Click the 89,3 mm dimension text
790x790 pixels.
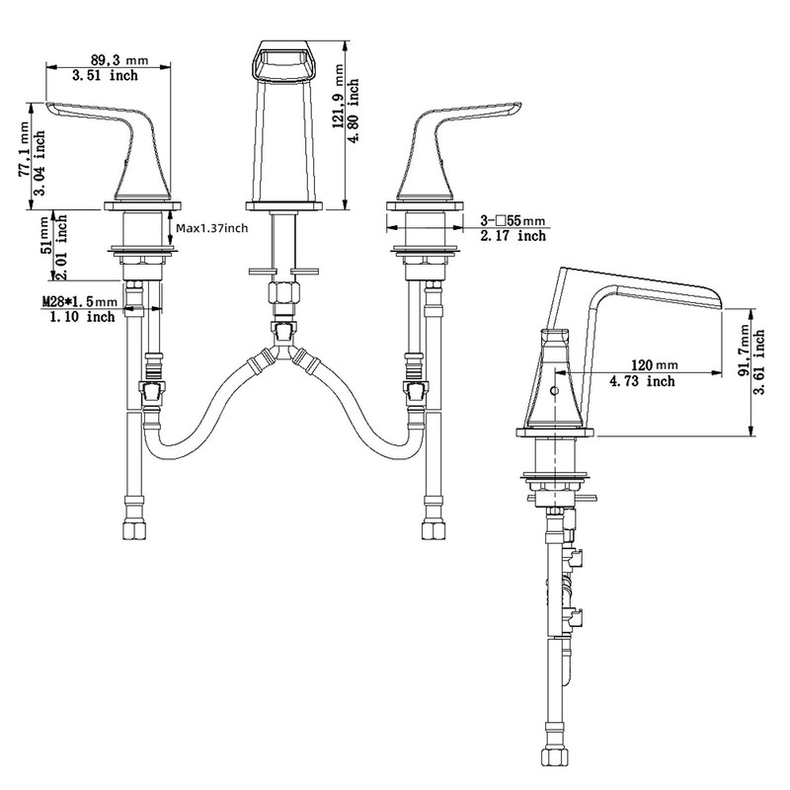119,60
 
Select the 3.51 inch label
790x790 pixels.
105,76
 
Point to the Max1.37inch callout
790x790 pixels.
212,228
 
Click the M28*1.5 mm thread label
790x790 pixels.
80,302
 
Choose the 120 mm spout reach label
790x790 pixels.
655,364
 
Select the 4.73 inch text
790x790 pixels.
643,381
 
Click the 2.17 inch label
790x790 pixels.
513,236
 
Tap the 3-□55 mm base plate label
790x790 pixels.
513,220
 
